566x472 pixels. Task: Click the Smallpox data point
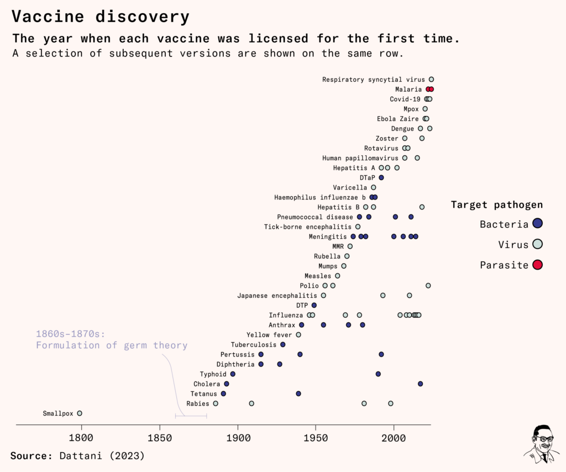[x=80, y=413]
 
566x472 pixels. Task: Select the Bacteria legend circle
[x=537, y=224]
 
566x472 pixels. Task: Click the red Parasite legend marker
[x=537, y=265]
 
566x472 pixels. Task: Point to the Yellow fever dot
[x=298, y=334]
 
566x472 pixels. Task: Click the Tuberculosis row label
[x=254, y=344]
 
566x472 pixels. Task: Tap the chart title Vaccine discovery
[x=100, y=17]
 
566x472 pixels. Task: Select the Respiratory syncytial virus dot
[x=432, y=80]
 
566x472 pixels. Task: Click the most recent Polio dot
[x=428, y=285]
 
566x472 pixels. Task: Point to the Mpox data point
[x=425, y=109]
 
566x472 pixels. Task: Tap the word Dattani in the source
[x=78, y=456]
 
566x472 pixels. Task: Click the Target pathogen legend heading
[x=496, y=205]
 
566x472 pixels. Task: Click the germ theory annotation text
[x=112, y=339]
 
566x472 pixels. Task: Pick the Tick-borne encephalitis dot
[x=358, y=227]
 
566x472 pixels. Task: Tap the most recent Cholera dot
[x=421, y=384]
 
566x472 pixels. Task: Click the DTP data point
[x=314, y=305]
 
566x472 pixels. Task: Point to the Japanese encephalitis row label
[x=277, y=295]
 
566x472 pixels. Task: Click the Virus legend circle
[x=537, y=244]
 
